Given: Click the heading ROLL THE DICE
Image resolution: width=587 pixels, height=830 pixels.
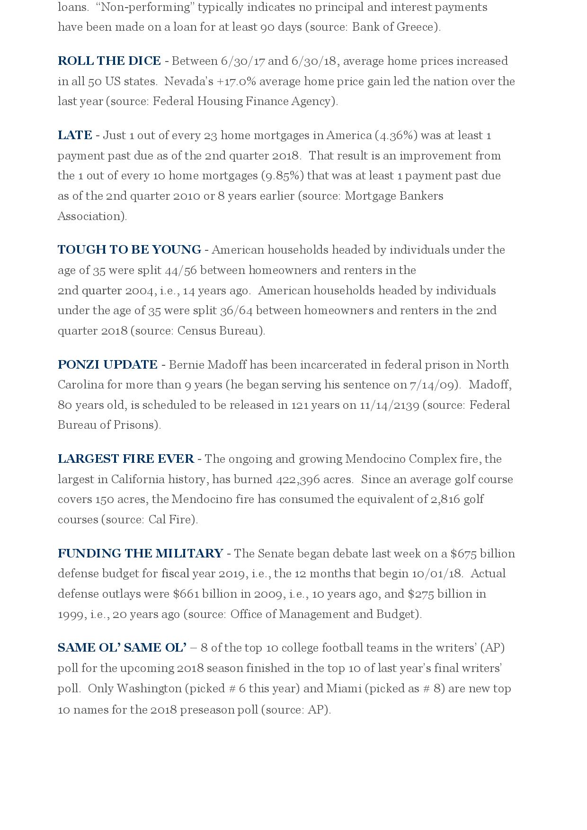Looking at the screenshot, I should [109, 61].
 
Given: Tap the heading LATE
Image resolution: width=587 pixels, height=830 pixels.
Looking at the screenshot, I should [75, 135].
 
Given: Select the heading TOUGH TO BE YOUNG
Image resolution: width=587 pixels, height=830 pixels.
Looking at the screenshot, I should [129, 250].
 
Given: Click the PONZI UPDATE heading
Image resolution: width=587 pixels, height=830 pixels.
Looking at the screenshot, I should [107, 365].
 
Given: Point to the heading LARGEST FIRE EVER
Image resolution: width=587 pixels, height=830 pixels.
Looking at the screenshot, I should [125, 459].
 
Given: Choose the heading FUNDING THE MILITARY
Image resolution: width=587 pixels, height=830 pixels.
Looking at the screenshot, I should [140, 554].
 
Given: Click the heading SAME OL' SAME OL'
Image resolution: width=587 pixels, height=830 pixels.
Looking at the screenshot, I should [122, 648].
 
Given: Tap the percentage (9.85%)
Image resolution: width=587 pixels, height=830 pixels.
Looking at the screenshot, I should [283, 176].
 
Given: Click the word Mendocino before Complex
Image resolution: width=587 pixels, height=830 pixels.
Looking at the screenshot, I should [375, 459].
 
